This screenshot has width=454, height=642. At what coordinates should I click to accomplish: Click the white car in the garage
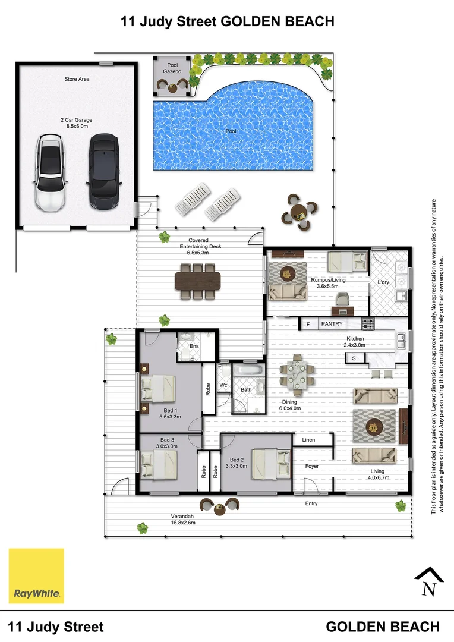coord(49,173)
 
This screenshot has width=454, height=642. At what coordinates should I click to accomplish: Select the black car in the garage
coord(104,172)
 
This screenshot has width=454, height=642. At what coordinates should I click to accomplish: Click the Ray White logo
coord(36,575)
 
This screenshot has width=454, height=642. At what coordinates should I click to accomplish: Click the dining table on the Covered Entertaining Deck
coord(198,281)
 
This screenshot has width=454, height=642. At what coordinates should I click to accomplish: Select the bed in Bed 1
coord(158,390)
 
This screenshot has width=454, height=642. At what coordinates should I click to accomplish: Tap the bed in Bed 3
coord(159,464)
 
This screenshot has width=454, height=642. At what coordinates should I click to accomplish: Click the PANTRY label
coord(332,324)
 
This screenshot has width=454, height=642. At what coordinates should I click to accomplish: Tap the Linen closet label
coord(308,440)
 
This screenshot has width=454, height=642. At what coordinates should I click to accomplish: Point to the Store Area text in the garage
coord(77,79)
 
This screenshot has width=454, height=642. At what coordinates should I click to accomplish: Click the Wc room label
coord(223,385)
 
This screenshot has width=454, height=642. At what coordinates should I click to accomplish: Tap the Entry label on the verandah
coord(311,503)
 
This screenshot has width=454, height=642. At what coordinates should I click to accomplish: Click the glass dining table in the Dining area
coord(296,374)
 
